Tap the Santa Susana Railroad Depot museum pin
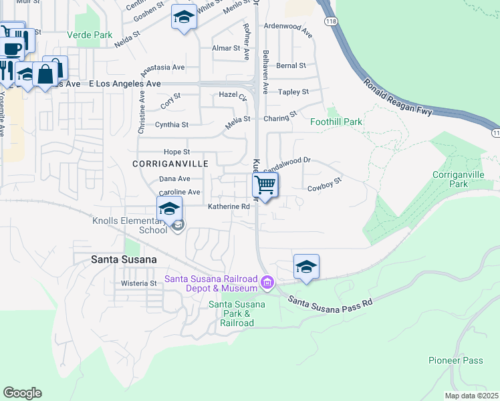(x=267, y=283)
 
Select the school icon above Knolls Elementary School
(x=170, y=210)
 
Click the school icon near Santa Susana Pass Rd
(x=306, y=266)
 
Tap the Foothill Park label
(x=336, y=122)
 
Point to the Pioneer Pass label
(x=455, y=361)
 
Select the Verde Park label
(x=90, y=34)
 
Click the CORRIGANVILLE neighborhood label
(x=161, y=164)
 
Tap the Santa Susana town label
(x=124, y=259)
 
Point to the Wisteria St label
(x=138, y=283)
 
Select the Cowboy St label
(x=324, y=184)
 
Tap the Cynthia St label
(x=172, y=125)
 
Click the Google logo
(x=22, y=393)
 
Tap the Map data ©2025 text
(x=471, y=396)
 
